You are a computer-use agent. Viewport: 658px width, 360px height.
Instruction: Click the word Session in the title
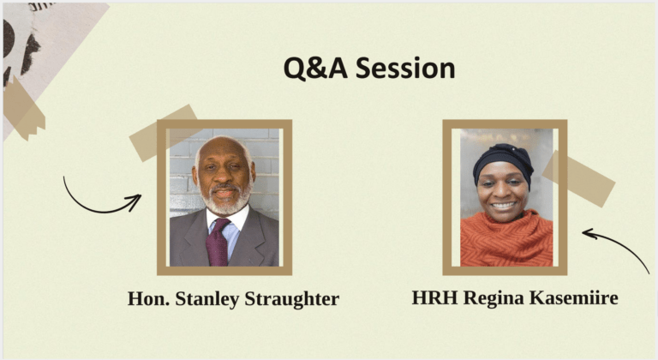(x=405, y=68)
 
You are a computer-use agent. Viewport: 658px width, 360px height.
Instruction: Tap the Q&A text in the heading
(x=315, y=69)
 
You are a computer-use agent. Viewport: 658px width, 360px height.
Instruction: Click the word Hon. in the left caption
(x=148, y=298)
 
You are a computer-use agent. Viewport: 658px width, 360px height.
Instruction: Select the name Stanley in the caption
(x=206, y=299)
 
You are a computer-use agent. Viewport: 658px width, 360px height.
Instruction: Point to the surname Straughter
(x=291, y=299)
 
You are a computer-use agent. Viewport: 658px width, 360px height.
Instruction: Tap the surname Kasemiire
(x=574, y=297)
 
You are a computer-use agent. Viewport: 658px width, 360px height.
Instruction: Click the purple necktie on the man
(x=218, y=243)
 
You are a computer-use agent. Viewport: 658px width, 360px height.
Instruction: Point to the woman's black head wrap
(x=504, y=162)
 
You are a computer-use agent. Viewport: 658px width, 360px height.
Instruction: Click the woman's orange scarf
(x=506, y=240)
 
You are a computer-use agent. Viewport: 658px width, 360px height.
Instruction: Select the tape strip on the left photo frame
(x=164, y=132)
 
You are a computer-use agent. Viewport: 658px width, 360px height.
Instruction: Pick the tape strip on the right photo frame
(x=578, y=178)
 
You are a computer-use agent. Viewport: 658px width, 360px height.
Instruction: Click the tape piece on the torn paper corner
(x=23, y=109)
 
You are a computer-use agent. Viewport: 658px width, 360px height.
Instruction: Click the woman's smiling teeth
(x=504, y=206)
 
